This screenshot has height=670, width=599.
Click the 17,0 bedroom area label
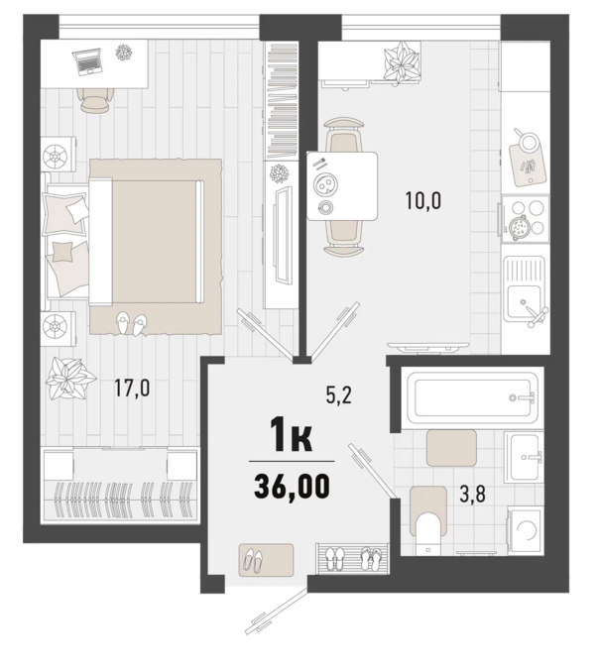[132, 388]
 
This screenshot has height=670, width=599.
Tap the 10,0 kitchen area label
[423, 201]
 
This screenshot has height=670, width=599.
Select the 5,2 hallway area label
[338, 396]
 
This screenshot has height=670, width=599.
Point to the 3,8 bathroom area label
[473, 496]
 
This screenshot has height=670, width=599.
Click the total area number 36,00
[292, 487]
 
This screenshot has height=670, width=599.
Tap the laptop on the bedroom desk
[87, 61]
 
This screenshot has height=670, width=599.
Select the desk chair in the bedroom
[95, 101]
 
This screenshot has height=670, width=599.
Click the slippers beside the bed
[131, 322]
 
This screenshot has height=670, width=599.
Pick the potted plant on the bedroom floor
[67, 379]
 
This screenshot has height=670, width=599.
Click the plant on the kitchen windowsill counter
[401, 62]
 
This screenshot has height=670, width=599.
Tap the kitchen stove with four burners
[526, 219]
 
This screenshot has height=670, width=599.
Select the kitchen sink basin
[524, 301]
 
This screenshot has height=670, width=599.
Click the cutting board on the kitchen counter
[528, 164]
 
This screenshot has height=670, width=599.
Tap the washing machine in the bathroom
[526, 531]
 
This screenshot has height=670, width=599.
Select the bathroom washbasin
[524, 457]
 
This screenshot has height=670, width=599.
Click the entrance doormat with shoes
[266, 560]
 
